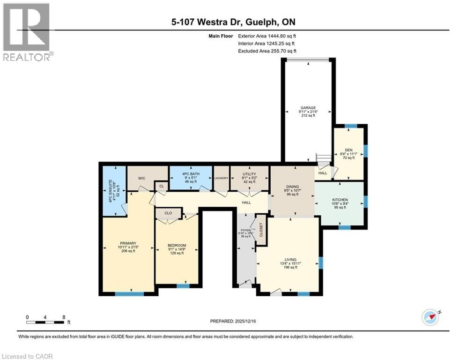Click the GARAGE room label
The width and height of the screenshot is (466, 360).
(308, 107)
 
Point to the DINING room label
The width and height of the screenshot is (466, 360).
(293, 186)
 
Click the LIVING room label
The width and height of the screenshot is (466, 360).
(291, 259)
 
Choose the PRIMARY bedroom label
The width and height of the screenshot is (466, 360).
(127, 243)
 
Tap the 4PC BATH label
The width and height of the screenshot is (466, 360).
(191, 174)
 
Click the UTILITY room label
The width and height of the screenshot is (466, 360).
(249, 174)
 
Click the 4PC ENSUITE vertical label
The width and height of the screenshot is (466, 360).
(111, 190)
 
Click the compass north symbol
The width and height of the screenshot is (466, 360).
(430, 317)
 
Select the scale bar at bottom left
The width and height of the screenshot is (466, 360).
(45, 322)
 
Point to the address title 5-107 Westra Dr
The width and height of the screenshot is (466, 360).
(232, 22)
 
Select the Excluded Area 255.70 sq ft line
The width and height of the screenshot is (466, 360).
(267, 51)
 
